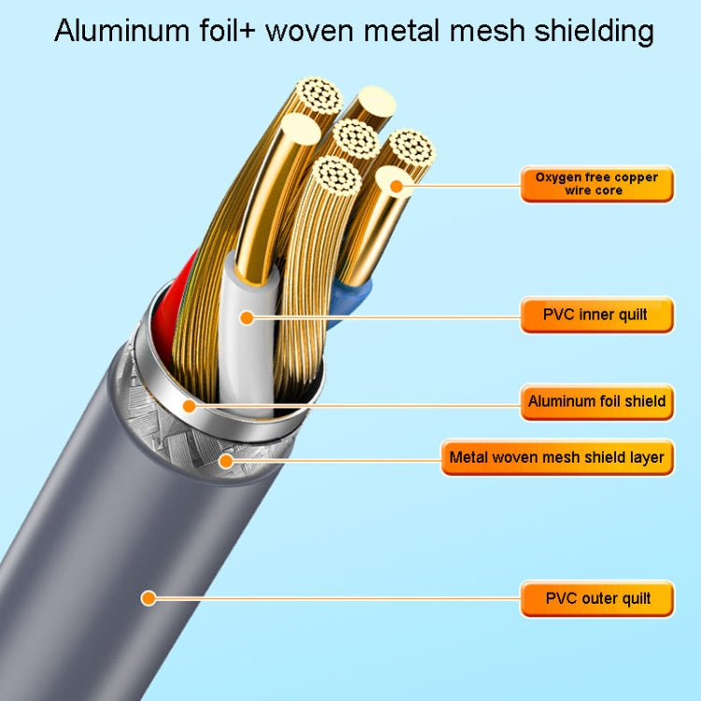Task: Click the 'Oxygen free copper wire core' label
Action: click(596, 183)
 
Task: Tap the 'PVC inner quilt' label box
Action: click(596, 315)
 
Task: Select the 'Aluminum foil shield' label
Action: click(596, 401)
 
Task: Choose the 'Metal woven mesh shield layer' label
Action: click(557, 457)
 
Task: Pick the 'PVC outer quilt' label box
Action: click(596, 598)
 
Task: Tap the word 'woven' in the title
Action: click(309, 31)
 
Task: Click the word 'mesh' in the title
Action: click(481, 31)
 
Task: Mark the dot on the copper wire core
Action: click(396, 187)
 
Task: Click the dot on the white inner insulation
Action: click(247, 318)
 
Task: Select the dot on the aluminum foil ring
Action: click(190, 406)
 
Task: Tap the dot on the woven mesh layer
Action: click(224, 459)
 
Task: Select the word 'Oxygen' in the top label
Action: click(557, 177)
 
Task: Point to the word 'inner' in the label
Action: click(600, 315)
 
